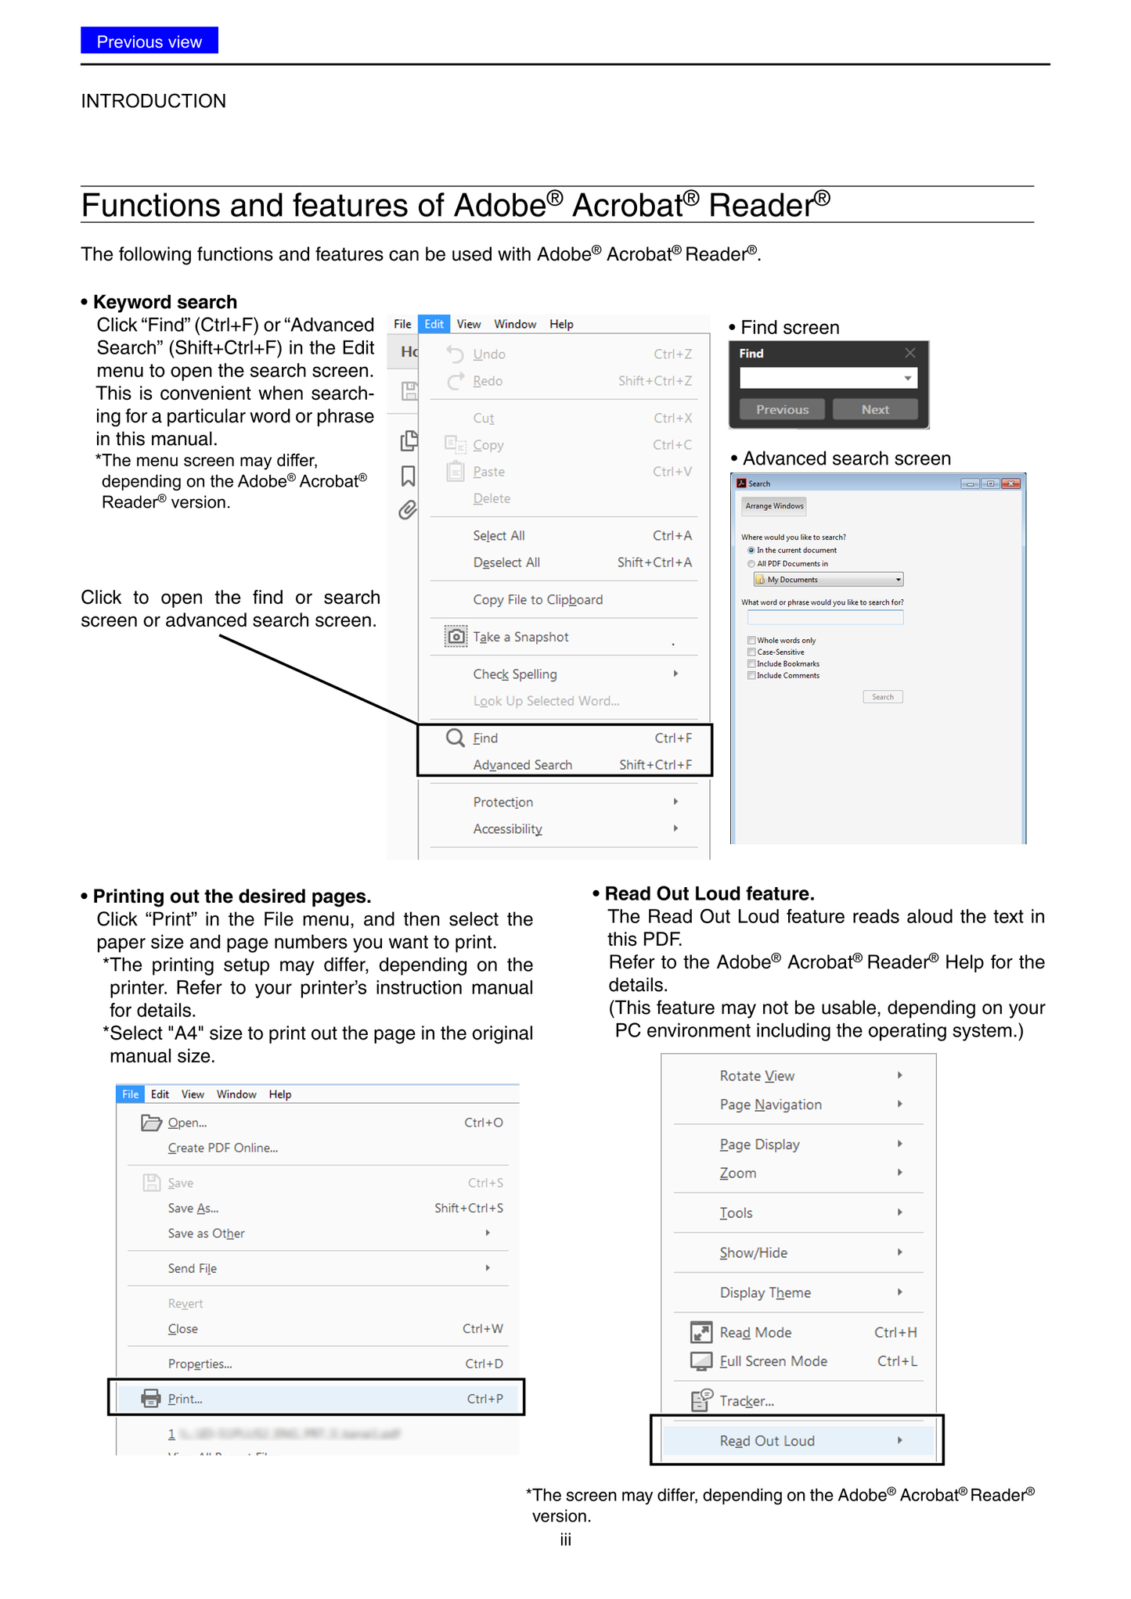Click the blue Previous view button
(x=149, y=41)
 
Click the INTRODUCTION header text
(x=153, y=101)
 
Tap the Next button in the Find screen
(x=874, y=409)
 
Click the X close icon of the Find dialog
(x=909, y=353)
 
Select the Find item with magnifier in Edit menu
(x=485, y=738)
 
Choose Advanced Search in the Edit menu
(x=522, y=765)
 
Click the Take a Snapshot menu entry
(x=520, y=637)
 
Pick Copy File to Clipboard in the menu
(x=538, y=600)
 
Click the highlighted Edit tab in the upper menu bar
(x=434, y=324)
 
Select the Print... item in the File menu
(x=185, y=1399)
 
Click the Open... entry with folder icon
(x=187, y=1123)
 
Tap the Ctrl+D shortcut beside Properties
(x=484, y=1364)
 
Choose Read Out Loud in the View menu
(x=767, y=1441)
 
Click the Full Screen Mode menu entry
(x=773, y=1361)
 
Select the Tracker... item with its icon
(x=747, y=1401)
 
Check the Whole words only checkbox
(x=751, y=641)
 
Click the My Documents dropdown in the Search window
(x=828, y=580)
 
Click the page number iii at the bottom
(x=565, y=1540)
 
